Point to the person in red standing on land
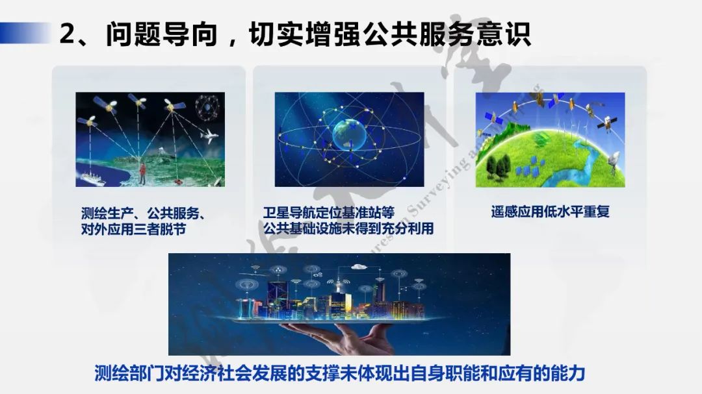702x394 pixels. (x=142, y=171)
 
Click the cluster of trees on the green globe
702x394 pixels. (x=500, y=165)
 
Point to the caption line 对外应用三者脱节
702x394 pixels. (x=134, y=229)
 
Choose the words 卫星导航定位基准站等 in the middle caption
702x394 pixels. (x=329, y=213)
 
